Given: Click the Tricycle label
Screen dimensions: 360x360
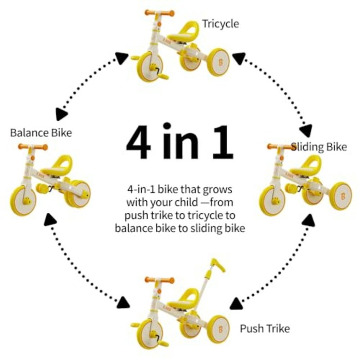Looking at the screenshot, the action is (220, 24).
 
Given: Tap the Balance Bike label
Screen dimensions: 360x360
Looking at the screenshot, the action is (41, 133).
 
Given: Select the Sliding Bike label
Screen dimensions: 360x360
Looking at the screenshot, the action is (319, 147).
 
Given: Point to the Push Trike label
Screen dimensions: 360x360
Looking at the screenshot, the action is (265, 328).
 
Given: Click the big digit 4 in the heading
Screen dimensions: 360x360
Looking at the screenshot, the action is (139, 142).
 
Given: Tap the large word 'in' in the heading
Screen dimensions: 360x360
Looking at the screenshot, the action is (180, 140).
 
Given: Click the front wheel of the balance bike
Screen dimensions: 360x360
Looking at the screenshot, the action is (23, 201).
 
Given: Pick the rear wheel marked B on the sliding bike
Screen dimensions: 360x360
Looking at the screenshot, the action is (341, 196).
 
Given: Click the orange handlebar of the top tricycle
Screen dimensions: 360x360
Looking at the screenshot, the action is (159, 13).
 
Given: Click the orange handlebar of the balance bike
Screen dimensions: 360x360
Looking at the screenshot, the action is (32, 147).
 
